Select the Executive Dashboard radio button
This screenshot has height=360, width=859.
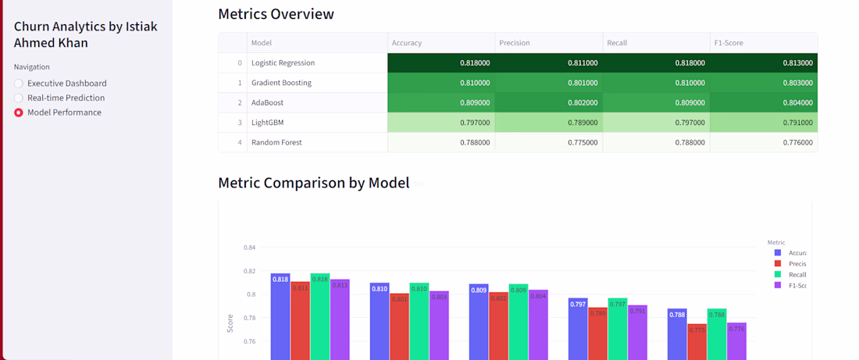click(x=20, y=84)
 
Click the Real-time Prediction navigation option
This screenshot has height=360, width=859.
click(x=66, y=98)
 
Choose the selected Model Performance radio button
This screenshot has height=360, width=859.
click(x=20, y=112)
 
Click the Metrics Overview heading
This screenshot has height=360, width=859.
click(x=276, y=14)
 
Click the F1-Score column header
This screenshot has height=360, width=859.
click(x=729, y=43)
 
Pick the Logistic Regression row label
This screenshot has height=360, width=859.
click(x=283, y=62)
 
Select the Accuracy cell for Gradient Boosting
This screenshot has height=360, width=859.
click(x=441, y=83)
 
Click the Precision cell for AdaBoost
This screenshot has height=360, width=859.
click(x=548, y=102)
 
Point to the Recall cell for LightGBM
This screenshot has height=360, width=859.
click(x=656, y=123)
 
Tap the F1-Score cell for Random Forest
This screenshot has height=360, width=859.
click(x=763, y=143)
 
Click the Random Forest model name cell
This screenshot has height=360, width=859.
click(x=276, y=143)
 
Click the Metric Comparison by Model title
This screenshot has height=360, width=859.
click(x=313, y=183)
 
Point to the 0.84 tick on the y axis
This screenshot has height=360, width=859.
click(x=250, y=248)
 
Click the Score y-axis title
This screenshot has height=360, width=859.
click(x=230, y=323)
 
